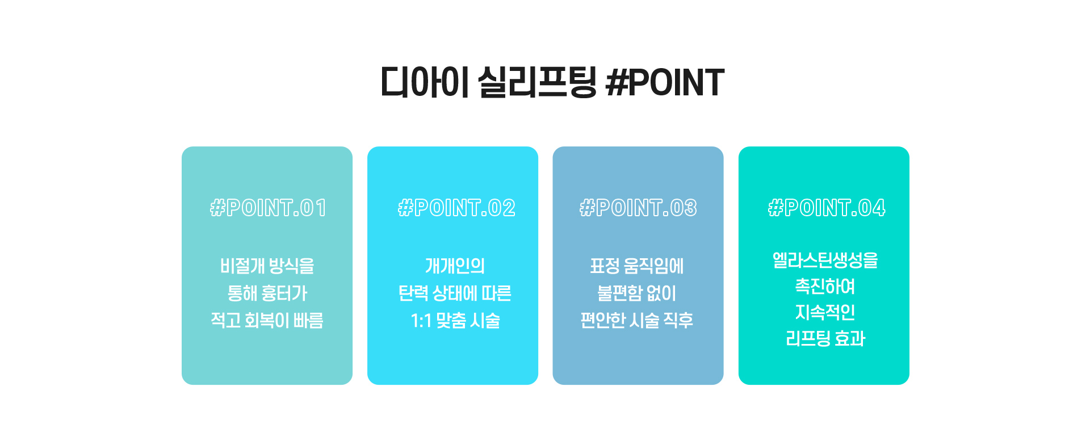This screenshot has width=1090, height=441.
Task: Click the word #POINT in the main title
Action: point(665,82)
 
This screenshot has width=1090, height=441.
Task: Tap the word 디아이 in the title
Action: point(424,82)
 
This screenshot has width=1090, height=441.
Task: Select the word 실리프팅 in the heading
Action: point(537,82)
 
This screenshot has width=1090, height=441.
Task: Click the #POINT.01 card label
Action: point(268,208)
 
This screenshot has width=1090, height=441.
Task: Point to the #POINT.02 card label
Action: point(456,208)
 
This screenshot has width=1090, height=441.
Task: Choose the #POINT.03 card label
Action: point(638,208)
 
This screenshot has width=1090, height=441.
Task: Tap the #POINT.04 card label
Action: point(827,208)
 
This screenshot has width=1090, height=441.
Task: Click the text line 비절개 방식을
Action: point(267,266)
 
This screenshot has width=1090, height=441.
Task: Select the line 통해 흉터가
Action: point(267,293)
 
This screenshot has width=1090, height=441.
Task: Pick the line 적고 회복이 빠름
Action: point(267,320)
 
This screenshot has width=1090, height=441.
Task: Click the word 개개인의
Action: point(455,266)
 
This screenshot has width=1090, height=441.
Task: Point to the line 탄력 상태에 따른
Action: point(455,293)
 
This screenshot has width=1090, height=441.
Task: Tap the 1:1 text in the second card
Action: point(421,321)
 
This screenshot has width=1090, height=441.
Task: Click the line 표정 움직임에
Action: point(637,266)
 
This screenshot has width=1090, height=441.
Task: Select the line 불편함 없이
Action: point(637,293)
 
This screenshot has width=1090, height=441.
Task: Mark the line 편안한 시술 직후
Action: point(637,320)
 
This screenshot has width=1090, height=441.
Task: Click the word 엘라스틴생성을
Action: point(825,260)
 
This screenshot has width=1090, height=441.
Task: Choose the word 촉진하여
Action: point(825,286)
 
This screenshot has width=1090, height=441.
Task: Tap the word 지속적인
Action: point(825,312)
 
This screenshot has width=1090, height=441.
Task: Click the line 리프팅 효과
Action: point(825,338)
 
